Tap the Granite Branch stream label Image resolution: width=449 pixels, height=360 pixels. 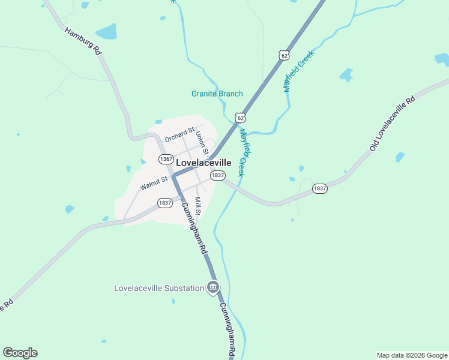click(x=217, y=94)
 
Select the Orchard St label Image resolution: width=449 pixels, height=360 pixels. click(x=180, y=134)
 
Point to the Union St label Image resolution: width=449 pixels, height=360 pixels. click(x=201, y=142)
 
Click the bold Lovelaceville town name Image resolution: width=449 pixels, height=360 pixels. click(x=204, y=163)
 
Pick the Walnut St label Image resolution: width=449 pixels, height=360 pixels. click(x=154, y=183)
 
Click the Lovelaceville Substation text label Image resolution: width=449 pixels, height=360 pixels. click(x=159, y=288)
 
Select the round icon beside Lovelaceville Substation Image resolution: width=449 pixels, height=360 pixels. click(x=212, y=288)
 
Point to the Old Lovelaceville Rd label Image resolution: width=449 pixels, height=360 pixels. click(x=393, y=123)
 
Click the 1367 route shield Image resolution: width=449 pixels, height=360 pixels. click(x=166, y=159)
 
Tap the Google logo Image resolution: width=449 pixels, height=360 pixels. click(x=20, y=353)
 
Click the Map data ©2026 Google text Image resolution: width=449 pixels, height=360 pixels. click(x=411, y=355)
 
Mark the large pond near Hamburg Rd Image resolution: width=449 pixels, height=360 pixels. click(x=106, y=31)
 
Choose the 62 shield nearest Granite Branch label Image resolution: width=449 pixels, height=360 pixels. click(x=240, y=116)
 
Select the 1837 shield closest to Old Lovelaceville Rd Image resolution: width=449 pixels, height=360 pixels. click(x=320, y=188)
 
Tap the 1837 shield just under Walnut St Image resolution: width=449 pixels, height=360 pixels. click(x=165, y=203)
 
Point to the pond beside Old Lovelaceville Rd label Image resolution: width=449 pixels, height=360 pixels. click(x=400, y=157)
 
